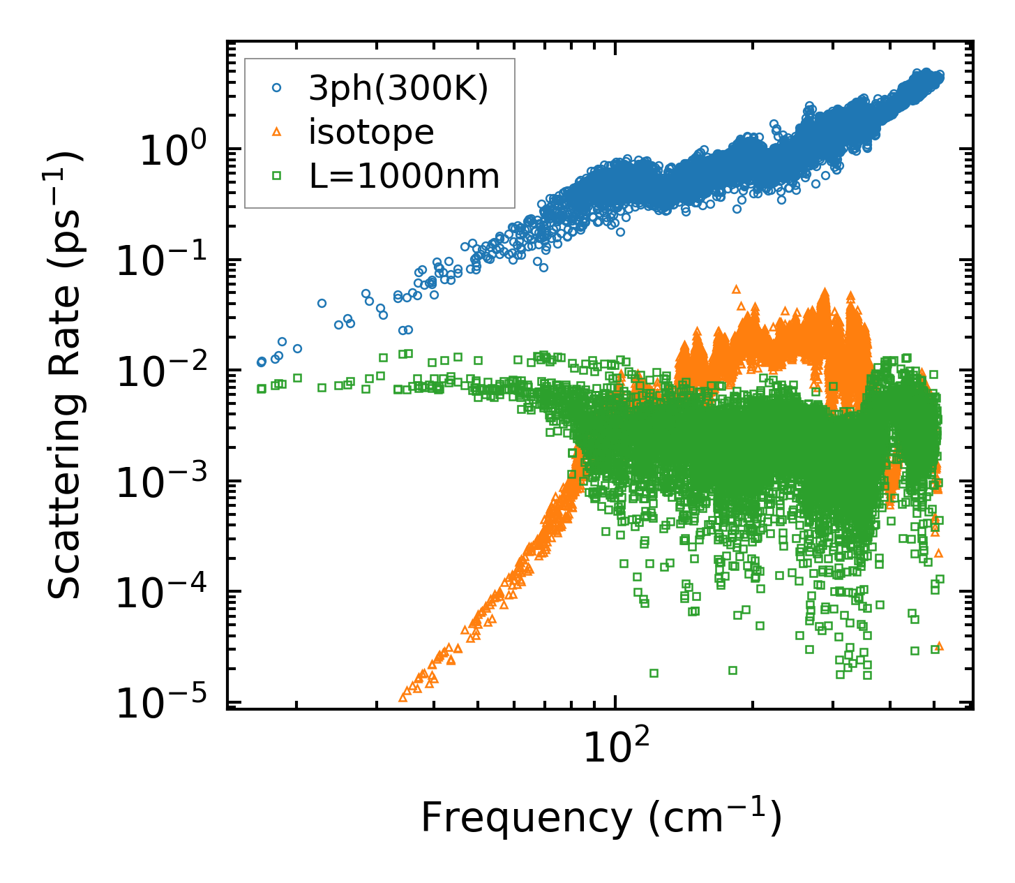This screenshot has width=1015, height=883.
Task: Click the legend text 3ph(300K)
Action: pos(398,89)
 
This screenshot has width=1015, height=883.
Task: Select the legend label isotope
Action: pos(371,132)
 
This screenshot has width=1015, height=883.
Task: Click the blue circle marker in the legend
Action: pos(277,88)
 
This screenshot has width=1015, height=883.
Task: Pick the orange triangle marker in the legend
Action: pos(277,132)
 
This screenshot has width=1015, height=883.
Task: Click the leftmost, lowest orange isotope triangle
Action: pos(403,697)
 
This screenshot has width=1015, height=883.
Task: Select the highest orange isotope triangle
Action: pos(736,289)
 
